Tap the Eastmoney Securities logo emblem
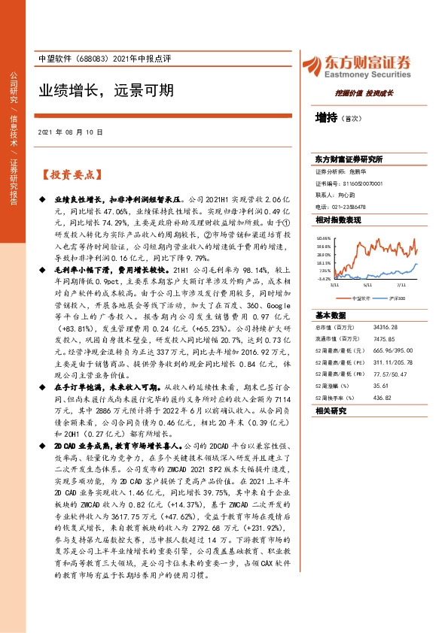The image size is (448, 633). click(x=309, y=65)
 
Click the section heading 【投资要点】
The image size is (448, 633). click(x=70, y=174)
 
